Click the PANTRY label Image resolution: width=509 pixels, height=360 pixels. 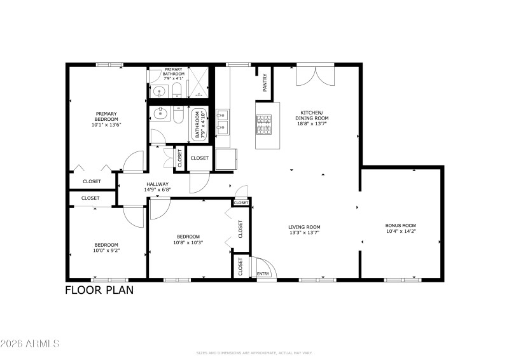(265, 83)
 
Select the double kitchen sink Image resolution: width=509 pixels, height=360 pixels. (222, 123)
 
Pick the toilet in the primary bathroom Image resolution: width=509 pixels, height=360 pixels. (177, 91)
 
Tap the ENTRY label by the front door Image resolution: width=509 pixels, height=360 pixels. (262, 273)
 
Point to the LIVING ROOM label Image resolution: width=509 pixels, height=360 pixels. (304, 227)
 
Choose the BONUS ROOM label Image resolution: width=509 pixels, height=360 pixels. (400, 226)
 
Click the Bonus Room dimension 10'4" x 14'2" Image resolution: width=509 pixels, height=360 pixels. (400, 232)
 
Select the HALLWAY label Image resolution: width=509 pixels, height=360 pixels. (157, 184)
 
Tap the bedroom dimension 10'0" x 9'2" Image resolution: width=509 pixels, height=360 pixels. (107, 251)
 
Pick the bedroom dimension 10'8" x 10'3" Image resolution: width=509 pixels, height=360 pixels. (188, 242)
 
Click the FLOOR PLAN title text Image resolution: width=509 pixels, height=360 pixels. (99, 291)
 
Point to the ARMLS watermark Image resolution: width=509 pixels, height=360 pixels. (30, 344)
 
